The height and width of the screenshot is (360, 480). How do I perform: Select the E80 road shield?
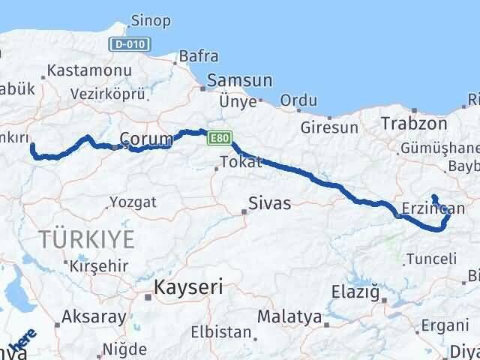pos(218,139)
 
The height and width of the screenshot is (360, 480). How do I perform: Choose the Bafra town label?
pos(198,55)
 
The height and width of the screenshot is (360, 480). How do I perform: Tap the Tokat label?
pos(241,162)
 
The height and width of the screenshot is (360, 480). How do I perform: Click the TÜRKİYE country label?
pos(88,240)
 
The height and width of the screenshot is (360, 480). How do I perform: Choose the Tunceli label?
pos(430,259)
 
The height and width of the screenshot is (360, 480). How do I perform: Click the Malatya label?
pos(289,316)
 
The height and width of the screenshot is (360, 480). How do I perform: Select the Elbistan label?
pos(218,331)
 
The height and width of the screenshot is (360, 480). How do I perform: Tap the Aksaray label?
pos(94,316)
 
